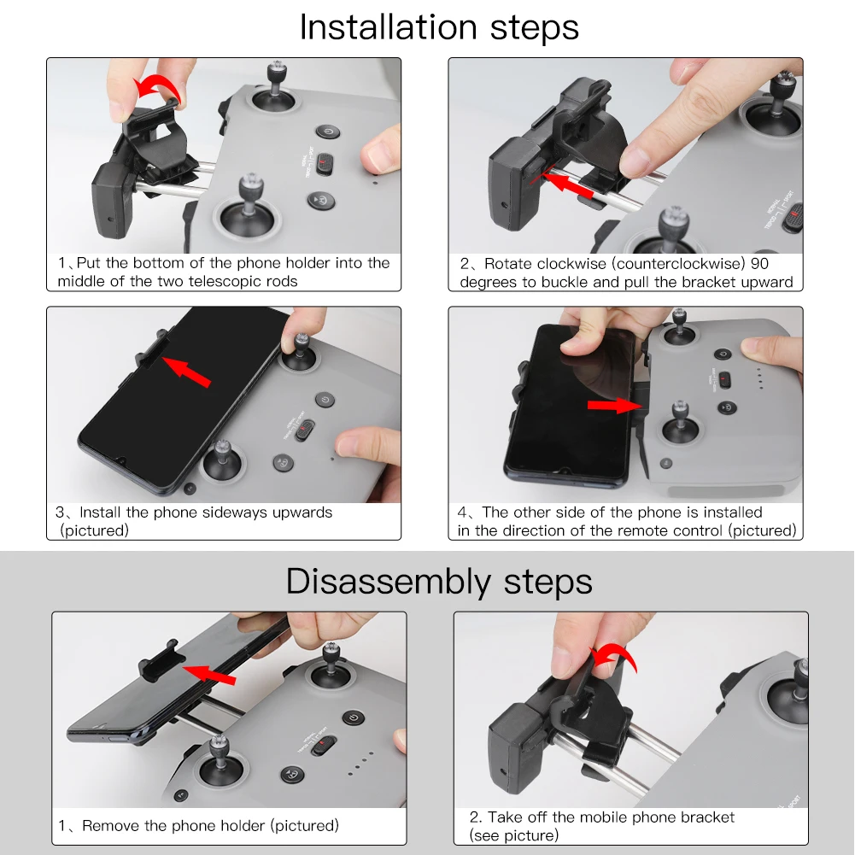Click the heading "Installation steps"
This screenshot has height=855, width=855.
coord(439,27)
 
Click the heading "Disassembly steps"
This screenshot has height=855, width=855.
coord(439,582)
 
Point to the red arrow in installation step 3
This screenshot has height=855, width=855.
coord(186,372)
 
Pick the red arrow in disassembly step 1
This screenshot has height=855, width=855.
coord(209,674)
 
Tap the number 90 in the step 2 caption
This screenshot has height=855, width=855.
coord(759,263)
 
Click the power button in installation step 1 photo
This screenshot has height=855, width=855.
coord(328,132)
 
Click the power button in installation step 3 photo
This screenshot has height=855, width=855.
coord(325,399)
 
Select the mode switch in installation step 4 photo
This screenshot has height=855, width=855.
coord(724,379)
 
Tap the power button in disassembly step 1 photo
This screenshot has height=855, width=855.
coord(354,717)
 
